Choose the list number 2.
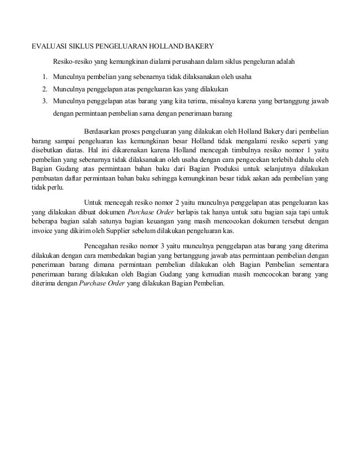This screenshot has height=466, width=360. point(43,89)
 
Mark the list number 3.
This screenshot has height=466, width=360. point(43,102)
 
